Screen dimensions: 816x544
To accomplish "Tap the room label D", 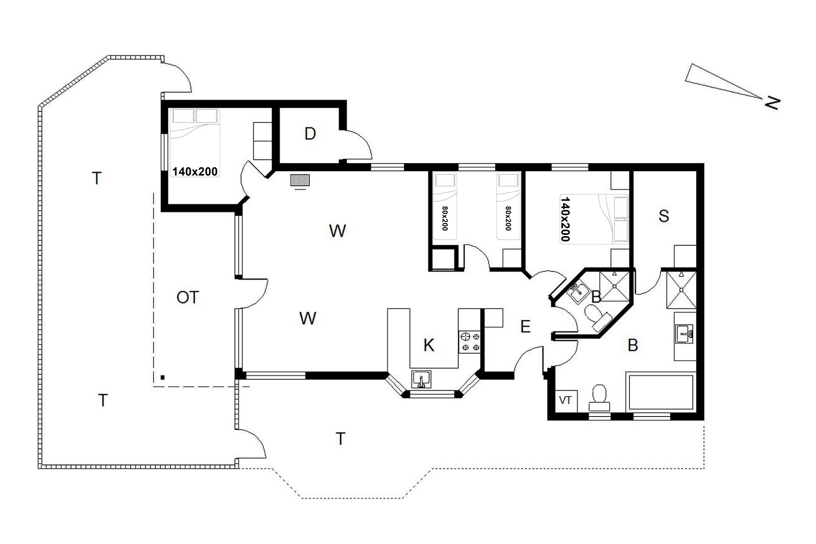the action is pos(310,134).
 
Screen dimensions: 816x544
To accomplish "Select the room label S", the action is pos(663,216).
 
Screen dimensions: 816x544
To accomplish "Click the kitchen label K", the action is pos(429,346).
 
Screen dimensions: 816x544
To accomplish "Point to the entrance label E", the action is pos(525,326).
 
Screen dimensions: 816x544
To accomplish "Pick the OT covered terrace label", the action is pos(187,297).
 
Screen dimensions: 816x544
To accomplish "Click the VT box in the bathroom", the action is pos(565,400).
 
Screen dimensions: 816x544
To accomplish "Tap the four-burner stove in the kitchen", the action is pos(470,342).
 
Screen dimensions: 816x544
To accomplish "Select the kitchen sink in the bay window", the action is pos(421,380).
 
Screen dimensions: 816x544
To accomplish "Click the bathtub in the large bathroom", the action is pos(661,393).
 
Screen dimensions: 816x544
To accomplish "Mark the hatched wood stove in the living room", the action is pos(300,180).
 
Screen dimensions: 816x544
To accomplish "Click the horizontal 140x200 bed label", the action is pos(195,171).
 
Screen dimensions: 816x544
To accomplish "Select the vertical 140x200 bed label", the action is pos(565,219).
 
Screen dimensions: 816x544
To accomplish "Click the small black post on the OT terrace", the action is pos(162,377).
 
